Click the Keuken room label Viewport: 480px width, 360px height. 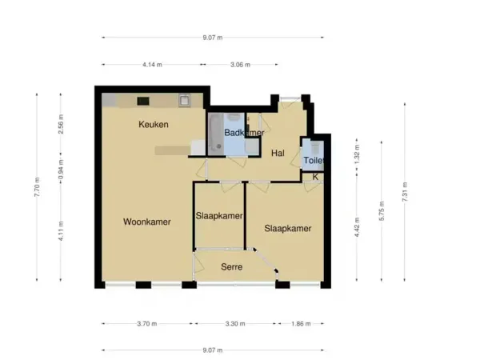pyautogui.click(x=154, y=124)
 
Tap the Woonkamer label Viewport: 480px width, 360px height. pyautogui.click(x=147, y=222)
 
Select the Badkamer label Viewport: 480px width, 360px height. pyautogui.click(x=244, y=132)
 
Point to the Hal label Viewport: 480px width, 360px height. pyautogui.click(x=278, y=153)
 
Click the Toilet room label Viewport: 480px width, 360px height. pyautogui.click(x=314, y=160)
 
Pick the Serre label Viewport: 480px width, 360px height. pyautogui.click(x=232, y=266)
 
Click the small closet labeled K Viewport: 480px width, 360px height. pyautogui.click(x=315, y=176)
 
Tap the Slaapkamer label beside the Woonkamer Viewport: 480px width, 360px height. pyautogui.click(x=219, y=216)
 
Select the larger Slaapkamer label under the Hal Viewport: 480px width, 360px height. pyautogui.click(x=288, y=228)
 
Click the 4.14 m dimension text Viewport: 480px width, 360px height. pyautogui.click(x=152, y=65)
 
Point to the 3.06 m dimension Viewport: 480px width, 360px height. pyautogui.click(x=240, y=65)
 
